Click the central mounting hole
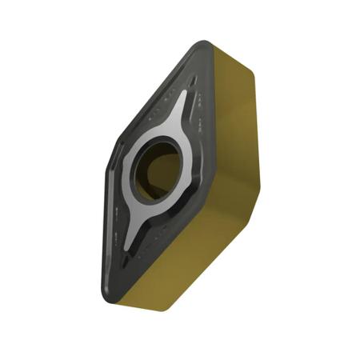158,166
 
